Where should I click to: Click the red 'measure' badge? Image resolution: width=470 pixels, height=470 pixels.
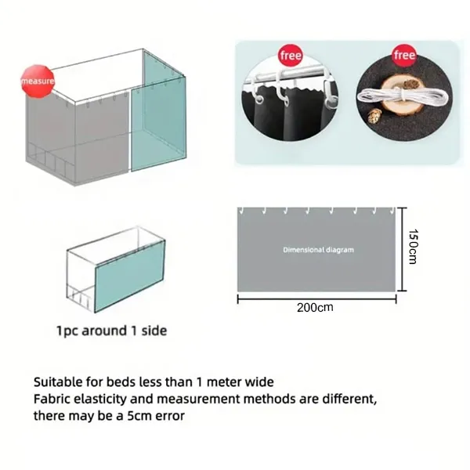tap(38, 81)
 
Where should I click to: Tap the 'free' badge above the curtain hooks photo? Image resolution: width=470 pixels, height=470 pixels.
tap(291, 56)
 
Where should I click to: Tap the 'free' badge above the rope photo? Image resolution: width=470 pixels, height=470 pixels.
tap(405, 55)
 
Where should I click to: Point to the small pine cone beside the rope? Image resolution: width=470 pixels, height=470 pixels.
tap(374, 116)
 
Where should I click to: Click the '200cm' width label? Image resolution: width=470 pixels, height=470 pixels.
tap(315, 308)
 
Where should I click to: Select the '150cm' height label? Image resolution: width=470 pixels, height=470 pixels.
tap(413, 247)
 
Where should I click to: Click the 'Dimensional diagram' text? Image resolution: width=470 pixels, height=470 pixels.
tap(318, 250)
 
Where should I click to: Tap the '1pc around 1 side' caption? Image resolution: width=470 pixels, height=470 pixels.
tap(111, 331)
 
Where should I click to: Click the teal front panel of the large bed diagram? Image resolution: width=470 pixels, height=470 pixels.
tap(158, 125)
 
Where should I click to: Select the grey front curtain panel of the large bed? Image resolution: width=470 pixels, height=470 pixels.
tap(102, 139)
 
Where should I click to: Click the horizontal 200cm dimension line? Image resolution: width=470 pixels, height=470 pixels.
tap(316, 299)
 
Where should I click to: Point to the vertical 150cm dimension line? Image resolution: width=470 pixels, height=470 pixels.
tap(403, 249)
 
